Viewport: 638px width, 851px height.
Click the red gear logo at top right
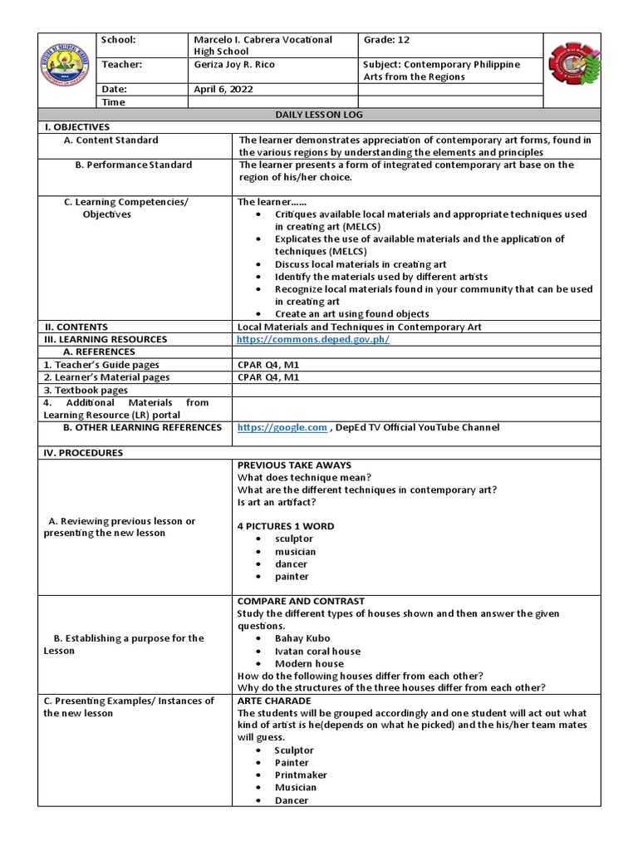pos(572,71)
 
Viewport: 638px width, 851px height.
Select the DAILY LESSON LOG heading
pos(319,115)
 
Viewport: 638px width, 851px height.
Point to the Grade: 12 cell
pos(387,40)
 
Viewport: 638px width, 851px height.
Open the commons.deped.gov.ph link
pos(312,339)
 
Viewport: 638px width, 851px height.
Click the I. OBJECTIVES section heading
pos(76,127)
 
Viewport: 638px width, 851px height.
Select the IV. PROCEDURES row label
pos(83,453)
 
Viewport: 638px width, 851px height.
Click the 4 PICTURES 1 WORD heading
pos(286,526)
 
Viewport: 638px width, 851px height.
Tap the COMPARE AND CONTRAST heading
pos(301,601)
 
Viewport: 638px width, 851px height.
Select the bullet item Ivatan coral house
pos(317,651)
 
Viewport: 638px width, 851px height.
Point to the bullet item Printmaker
pos(301,775)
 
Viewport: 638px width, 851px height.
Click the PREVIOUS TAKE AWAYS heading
pos(294,465)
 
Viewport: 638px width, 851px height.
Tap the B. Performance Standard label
pos(133,165)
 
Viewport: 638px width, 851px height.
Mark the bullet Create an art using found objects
pos(351,314)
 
